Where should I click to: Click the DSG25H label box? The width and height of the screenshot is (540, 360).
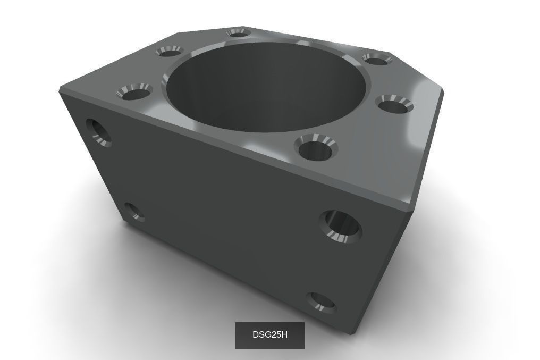269,335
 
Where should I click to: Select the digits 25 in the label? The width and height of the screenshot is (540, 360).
275,335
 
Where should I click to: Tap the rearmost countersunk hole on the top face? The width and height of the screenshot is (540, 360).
238,33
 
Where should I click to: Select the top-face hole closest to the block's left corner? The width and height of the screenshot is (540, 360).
134,93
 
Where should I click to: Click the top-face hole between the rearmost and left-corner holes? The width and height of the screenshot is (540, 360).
169,51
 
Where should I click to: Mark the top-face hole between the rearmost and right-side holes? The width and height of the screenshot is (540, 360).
377,58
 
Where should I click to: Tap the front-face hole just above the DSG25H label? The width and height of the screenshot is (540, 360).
322,302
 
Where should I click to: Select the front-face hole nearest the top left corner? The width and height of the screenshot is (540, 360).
99,132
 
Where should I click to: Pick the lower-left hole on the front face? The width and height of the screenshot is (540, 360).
133,212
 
